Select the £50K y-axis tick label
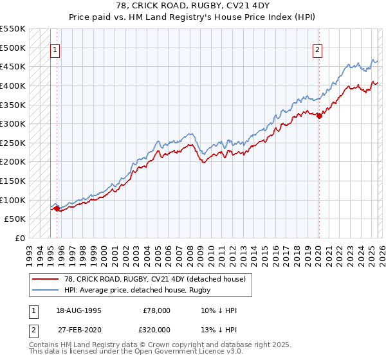15,219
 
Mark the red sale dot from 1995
57,208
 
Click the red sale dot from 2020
319,116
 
